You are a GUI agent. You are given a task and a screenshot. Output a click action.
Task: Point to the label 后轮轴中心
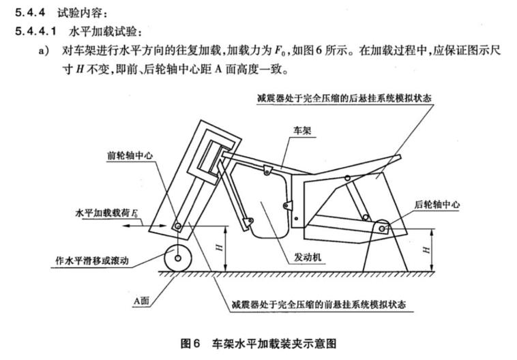point(437,204)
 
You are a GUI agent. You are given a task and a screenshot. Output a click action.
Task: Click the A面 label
point(145,298)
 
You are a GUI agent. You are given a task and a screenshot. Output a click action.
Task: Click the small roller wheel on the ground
point(177,258)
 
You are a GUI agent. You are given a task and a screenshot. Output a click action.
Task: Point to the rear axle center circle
point(383,225)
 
